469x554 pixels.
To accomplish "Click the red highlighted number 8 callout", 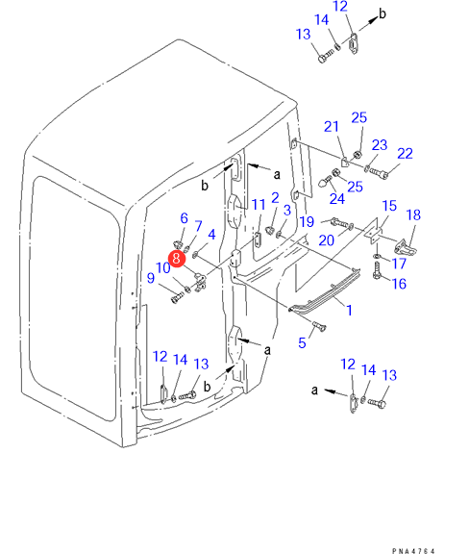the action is click(x=177, y=259).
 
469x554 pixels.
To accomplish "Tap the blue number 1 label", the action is click(x=349, y=311).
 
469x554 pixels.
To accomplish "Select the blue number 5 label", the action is click(x=302, y=342).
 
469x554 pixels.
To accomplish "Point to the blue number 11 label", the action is click(x=259, y=205).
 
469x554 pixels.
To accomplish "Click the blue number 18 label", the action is click(x=413, y=214).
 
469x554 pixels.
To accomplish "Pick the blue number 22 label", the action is click(x=405, y=154).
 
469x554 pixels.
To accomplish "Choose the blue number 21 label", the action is click(x=332, y=127).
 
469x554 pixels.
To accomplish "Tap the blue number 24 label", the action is click(x=337, y=198).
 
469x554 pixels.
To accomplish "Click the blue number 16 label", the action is click(x=399, y=284).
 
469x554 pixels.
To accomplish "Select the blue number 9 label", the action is click(x=151, y=278).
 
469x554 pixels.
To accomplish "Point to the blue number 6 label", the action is click(x=184, y=218).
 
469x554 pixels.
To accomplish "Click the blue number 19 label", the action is click(x=307, y=222).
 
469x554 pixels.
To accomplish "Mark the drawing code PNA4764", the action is click(x=413, y=550).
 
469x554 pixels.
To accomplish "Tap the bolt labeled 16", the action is click(x=377, y=270).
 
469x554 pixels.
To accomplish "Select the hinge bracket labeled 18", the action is click(x=405, y=246).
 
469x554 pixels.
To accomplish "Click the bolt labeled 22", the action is click(x=379, y=173).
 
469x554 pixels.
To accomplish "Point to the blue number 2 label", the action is click(x=275, y=198).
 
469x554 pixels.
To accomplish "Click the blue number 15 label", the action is click(x=389, y=206).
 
